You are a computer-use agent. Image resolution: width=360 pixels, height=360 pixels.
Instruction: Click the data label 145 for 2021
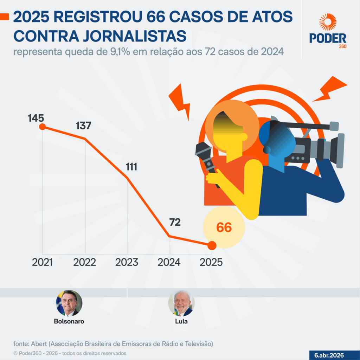(x=36, y=118)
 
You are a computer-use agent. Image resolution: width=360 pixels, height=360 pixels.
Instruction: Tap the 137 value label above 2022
(x=83, y=126)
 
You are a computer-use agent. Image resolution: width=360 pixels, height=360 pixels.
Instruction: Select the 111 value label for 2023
(x=131, y=167)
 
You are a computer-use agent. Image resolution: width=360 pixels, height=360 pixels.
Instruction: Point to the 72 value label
(x=175, y=222)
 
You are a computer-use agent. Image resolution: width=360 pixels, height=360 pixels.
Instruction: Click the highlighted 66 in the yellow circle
(x=224, y=227)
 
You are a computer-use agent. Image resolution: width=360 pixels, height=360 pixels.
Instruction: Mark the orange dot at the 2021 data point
(x=42, y=127)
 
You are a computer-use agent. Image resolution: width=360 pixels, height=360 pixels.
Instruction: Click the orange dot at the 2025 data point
(x=212, y=245)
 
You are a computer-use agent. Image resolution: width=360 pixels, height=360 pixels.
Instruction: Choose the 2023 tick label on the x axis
(x=127, y=262)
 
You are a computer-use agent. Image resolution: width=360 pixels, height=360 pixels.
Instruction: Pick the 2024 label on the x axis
(x=169, y=262)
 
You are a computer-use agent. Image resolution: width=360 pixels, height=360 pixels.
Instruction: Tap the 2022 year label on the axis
(x=85, y=262)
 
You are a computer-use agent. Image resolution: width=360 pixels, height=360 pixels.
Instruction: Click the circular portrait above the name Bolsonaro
(x=69, y=303)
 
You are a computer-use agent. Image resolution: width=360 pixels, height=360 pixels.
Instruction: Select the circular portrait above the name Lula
(x=181, y=303)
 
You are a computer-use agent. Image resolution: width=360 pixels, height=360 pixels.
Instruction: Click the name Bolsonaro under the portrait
(x=69, y=321)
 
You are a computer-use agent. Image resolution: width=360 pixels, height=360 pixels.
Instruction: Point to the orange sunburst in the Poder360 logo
(x=328, y=22)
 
